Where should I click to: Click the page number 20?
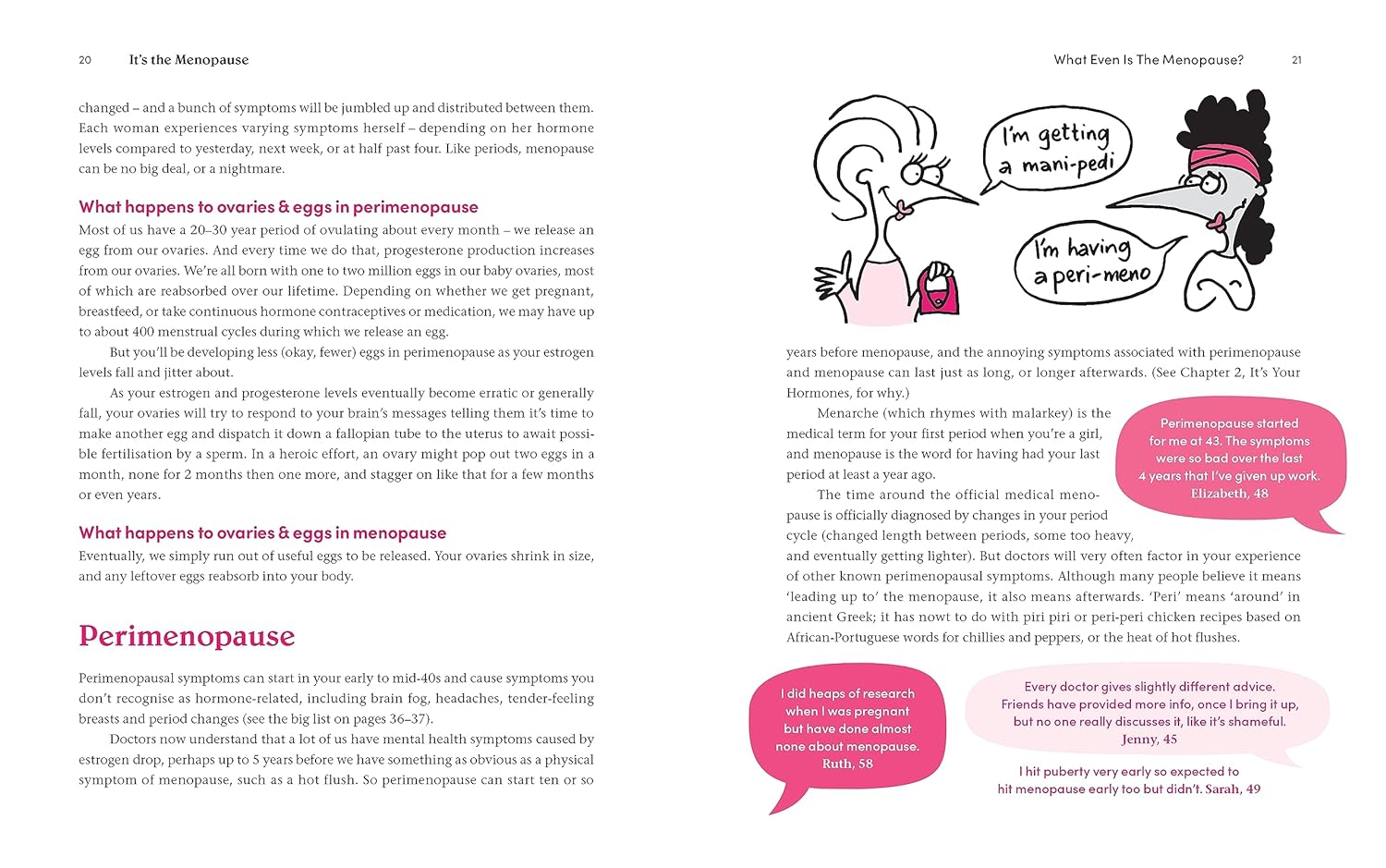pyautogui.click(x=85, y=60)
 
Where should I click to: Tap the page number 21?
pyautogui.click(x=1296, y=60)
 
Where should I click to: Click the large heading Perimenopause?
pyautogui.click(x=187, y=636)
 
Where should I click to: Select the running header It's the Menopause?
pyautogui.click(x=188, y=60)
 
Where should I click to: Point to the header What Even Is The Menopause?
pyautogui.click(x=1149, y=60)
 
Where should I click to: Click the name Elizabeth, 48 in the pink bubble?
pyautogui.click(x=1229, y=494)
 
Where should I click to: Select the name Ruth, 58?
pyautogui.click(x=847, y=764)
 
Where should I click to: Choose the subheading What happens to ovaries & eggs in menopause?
pyautogui.click(x=262, y=533)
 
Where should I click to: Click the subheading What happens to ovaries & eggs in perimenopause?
pyautogui.click(x=278, y=207)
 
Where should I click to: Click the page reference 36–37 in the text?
pyautogui.click(x=406, y=719)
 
